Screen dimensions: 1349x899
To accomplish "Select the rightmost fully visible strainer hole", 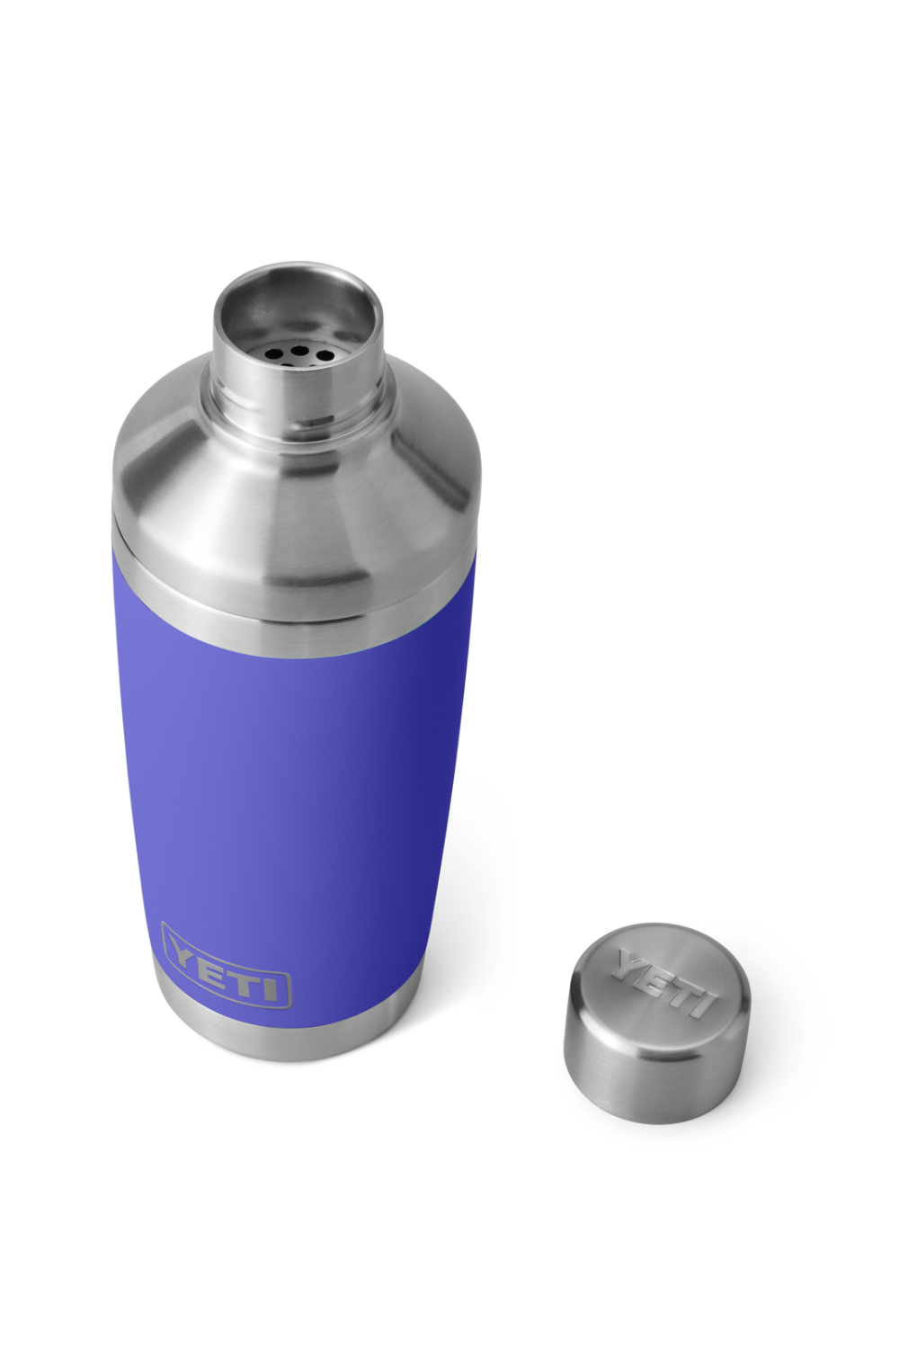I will pyautogui.click(x=318, y=354).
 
